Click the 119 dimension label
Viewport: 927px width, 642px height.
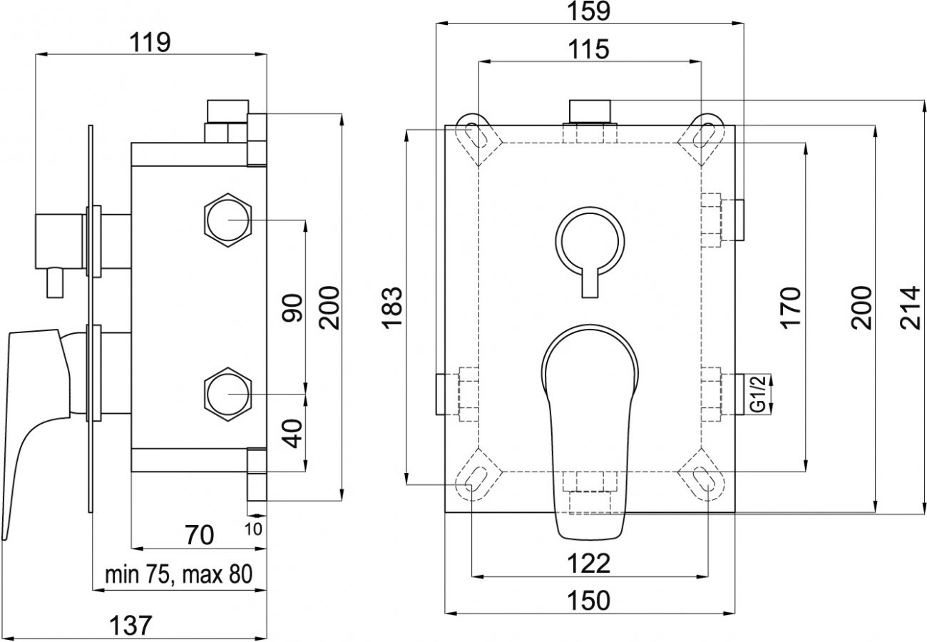pos(150,42)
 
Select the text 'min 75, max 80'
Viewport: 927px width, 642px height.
pos(178,575)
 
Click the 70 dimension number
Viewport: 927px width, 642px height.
pos(200,535)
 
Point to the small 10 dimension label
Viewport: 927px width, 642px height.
pos(253,529)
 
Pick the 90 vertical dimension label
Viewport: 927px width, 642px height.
pos(292,308)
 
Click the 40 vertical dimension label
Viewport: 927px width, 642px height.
pos(292,434)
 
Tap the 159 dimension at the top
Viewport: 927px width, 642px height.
pos(588,11)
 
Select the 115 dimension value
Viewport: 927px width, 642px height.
pos(588,49)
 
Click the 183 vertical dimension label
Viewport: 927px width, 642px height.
pos(391,308)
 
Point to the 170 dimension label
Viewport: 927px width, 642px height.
pos(790,308)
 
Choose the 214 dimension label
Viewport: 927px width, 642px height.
pos(911,308)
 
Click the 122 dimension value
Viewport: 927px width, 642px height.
pos(588,564)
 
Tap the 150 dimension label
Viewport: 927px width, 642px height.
pos(588,601)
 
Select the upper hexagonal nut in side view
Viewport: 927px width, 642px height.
pos(228,220)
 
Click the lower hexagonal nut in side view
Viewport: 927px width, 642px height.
pos(228,394)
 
